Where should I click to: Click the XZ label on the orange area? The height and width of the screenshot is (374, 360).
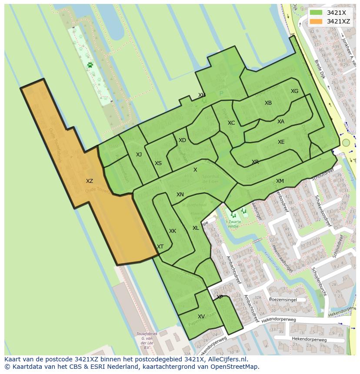89,181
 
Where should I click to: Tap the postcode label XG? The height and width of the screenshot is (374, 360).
294,91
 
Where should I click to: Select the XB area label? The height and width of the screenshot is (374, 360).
268,103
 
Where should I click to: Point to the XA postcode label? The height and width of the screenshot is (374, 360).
280,122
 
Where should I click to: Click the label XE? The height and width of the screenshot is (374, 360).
281,142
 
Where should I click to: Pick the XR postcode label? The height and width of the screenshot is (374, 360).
255,162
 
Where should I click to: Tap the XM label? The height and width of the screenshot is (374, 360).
280,181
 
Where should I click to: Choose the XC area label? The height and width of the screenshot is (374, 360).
231,123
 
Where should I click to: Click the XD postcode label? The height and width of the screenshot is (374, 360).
182,140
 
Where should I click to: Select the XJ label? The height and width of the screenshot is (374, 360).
139,155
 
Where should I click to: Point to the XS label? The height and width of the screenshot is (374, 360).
158,163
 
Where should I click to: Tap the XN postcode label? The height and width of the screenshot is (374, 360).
180,195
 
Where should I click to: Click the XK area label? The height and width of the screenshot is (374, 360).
172,231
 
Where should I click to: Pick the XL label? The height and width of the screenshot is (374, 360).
196,228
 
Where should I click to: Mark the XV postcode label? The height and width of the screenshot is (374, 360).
201,317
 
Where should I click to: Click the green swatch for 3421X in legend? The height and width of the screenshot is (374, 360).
316,13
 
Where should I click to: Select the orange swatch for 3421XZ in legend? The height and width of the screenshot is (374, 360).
316,21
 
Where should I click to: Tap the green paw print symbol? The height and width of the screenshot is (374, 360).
90,65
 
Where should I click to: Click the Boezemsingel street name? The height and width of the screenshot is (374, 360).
282,300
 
